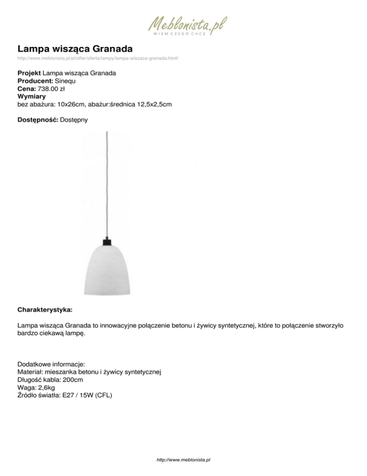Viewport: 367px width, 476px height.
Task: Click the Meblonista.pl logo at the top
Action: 187,24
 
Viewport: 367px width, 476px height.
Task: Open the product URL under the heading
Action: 98,58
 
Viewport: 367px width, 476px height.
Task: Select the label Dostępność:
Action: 38,119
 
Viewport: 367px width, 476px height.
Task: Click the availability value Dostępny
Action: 74,119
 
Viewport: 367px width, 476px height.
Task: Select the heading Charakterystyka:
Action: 45,304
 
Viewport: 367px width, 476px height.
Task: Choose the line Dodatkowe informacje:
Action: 51,364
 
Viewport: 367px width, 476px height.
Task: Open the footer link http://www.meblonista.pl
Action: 183,459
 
